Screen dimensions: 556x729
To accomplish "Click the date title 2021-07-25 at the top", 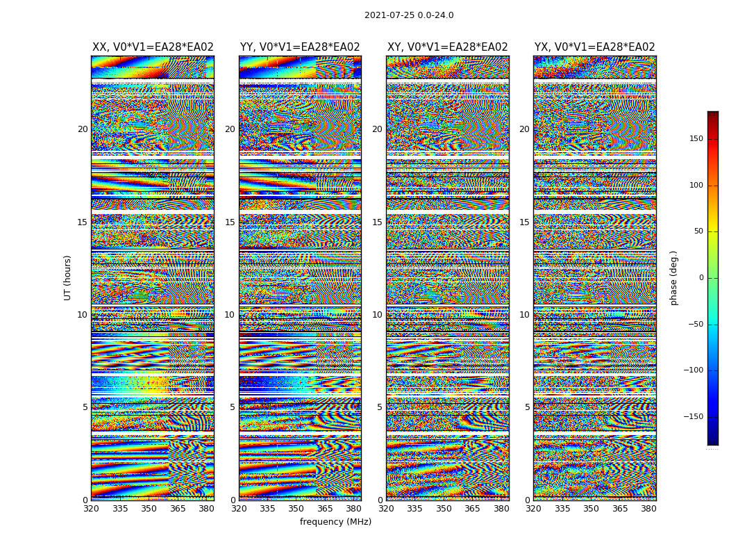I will click(x=409, y=15).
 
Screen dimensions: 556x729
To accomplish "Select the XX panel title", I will click(x=153, y=47).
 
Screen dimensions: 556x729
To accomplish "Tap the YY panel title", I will click(x=300, y=47).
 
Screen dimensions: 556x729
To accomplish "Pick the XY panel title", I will click(x=447, y=47).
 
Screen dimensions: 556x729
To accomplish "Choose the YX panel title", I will click(x=594, y=47).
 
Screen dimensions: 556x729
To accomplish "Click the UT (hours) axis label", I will click(x=68, y=277).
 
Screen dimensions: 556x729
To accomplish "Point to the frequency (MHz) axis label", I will click(x=335, y=522).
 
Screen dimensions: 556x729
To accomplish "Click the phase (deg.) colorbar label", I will click(x=673, y=277).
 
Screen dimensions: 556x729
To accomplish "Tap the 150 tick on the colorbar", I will click(x=696, y=139).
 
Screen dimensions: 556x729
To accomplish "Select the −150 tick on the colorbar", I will click(x=694, y=417).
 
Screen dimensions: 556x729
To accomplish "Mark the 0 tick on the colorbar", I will click(x=700, y=278).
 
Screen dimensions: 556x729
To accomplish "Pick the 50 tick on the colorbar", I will click(x=698, y=231).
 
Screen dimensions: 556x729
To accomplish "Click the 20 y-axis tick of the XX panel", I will click(x=83, y=129).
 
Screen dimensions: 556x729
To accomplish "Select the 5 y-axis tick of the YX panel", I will click(x=527, y=407).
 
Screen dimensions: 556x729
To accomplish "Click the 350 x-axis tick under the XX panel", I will click(x=149, y=509).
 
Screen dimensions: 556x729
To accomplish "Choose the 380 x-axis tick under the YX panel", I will click(x=648, y=509).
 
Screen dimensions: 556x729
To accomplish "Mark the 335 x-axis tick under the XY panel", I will click(x=414, y=509).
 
